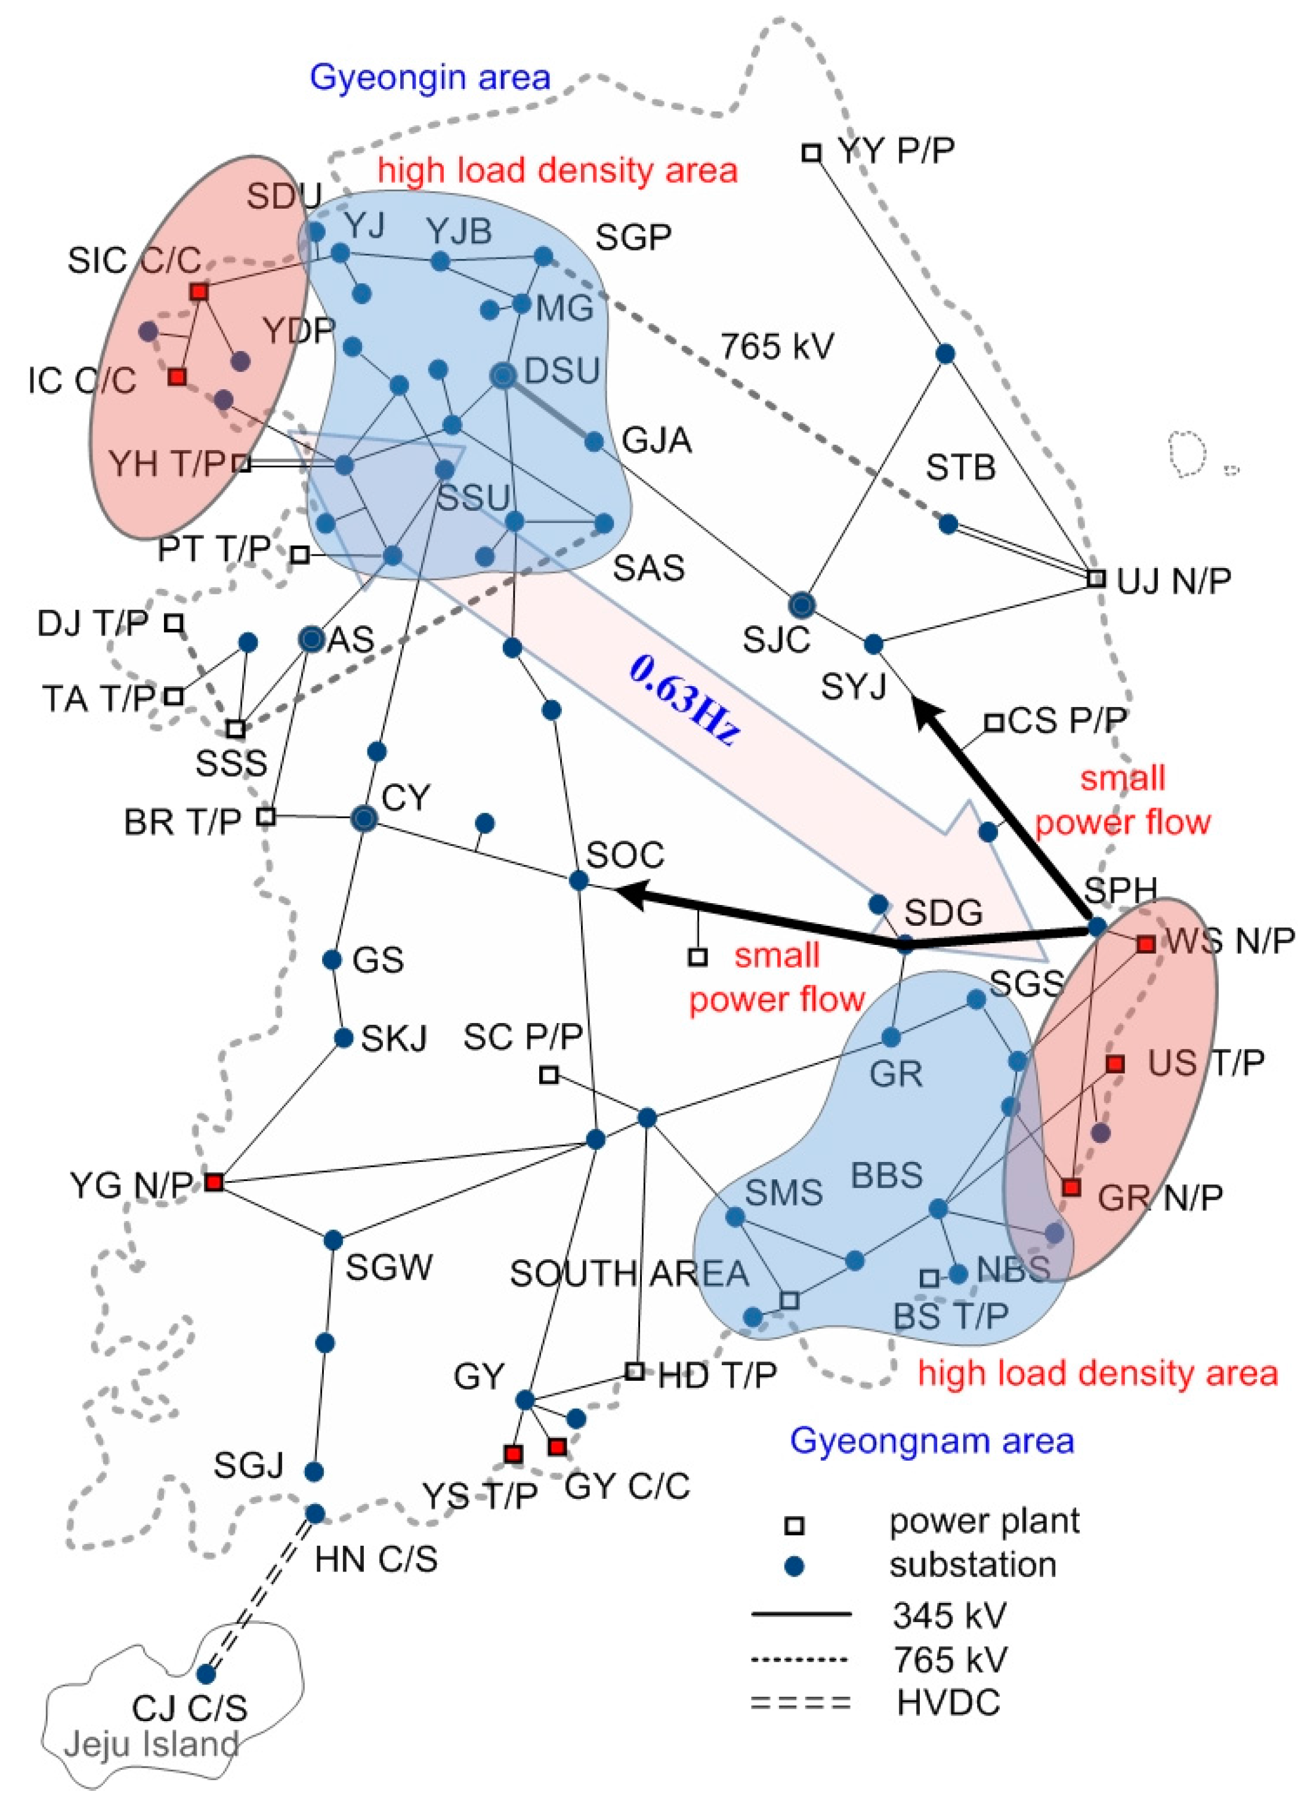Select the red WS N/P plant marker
point(1145,944)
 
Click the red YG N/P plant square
point(214,1182)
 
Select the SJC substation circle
point(802,606)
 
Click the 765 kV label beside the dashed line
point(776,347)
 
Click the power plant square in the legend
point(795,1522)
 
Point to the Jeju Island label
point(151,1744)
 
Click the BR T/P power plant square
point(267,816)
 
